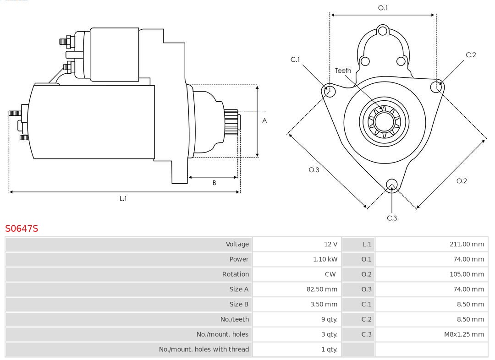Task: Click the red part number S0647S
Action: click(x=22, y=228)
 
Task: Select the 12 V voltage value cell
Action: click(x=330, y=244)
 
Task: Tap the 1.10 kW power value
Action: click(x=325, y=259)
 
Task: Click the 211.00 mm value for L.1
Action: click(x=467, y=244)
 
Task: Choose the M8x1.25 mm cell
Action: click(x=464, y=334)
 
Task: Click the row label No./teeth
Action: click(x=234, y=319)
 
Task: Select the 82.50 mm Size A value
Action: click(x=322, y=289)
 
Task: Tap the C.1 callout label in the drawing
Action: click(x=295, y=60)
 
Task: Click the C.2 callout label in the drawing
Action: click(x=471, y=55)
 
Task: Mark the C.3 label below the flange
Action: click(x=392, y=218)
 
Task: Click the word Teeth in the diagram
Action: click(x=343, y=71)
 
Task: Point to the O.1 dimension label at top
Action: click(x=383, y=8)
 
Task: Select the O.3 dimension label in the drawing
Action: click(x=313, y=169)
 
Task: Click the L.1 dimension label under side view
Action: click(x=123, y=198)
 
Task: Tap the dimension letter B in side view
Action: click(x=214, y=183)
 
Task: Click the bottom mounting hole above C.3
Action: click(x=391, y=185)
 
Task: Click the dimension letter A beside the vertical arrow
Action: click(x=264, y=121)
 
